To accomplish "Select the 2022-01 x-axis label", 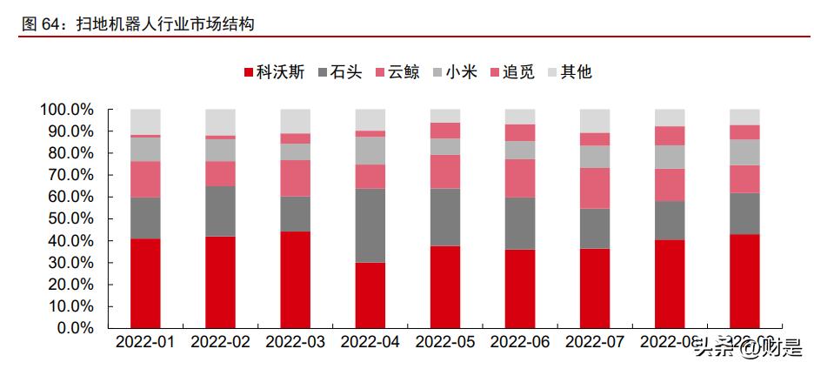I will point(145,343).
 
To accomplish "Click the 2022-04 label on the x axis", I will point(370,343).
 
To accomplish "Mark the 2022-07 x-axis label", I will point(595,343).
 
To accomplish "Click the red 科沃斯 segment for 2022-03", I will point(295,279).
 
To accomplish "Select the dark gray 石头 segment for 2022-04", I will point(370,225).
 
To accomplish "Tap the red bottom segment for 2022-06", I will point(520,289).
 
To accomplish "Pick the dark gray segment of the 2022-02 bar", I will point(220,211).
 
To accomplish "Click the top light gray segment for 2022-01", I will point(145,122).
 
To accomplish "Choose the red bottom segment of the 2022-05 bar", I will point(445,286).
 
